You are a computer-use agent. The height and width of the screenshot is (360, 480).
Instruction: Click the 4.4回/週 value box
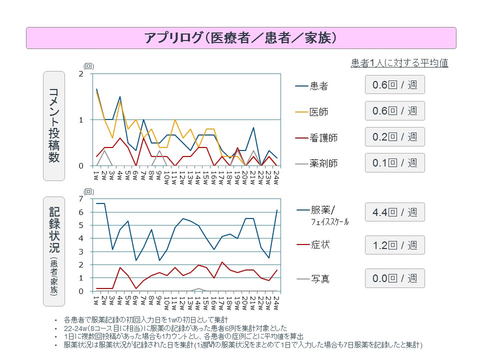[x=394, y=212]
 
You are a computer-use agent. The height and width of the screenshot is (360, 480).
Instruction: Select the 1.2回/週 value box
[x=394, y=245]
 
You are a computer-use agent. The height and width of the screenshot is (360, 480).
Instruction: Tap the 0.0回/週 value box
[x=394, y=278]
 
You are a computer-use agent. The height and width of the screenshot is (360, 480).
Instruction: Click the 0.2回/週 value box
[x=394, y=136]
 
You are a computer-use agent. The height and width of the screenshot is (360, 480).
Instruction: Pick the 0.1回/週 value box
[x=394, y=162]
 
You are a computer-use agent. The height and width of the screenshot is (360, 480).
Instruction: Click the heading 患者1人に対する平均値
[x=399, y=63]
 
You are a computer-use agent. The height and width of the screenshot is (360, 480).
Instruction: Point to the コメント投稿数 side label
[x=54, y=125]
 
